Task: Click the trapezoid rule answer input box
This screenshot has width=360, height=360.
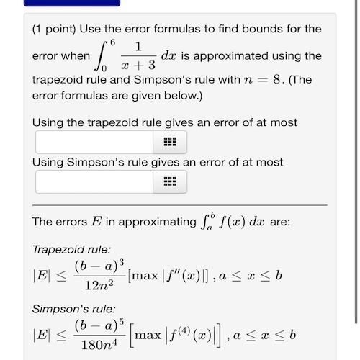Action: tap(94, 142)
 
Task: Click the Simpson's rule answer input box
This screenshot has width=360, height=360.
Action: tap(94, 181)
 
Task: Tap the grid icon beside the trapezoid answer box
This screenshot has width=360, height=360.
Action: tap(170, 142)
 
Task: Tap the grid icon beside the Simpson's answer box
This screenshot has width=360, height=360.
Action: tap(170, 181)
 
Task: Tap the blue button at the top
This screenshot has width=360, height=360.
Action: tap(72, 3)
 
